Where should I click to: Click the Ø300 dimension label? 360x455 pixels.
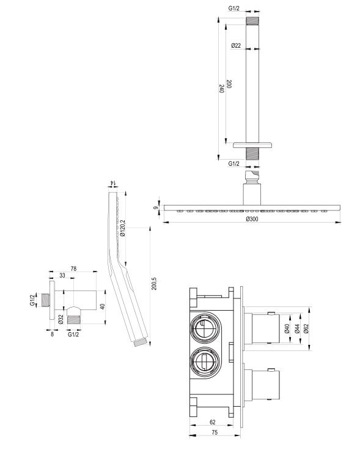coord(252,219)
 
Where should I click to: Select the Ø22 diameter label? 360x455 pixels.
coord(236,45)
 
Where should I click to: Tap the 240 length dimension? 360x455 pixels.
coord(222,89)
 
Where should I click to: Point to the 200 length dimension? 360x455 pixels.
coord(229,84)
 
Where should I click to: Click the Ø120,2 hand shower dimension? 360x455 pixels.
coord(122,228)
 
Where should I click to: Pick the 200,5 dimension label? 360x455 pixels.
coord(154,284)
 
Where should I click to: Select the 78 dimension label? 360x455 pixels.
coord(73,268)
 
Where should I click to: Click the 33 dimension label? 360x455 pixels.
coord(62,275)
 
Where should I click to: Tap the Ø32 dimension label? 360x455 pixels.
coord(61,319)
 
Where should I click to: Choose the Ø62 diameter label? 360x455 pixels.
coord(306,328)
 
